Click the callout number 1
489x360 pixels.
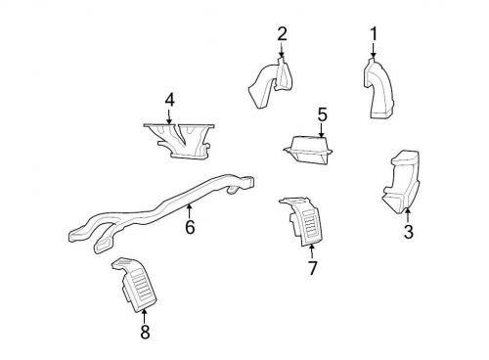point(374,34)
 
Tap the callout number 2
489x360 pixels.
point(282,34)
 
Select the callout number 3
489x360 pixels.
point(409,232)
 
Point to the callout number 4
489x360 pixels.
point(169,101)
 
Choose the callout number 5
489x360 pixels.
point(322,114)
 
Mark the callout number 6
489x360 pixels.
point(190,227)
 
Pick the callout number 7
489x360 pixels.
point(312,268)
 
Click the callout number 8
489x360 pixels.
point(145,332)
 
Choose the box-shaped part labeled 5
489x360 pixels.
point(308,150)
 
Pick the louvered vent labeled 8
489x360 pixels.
point(135,284)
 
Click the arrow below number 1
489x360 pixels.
point(374,51)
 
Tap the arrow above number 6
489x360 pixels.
point(189,211)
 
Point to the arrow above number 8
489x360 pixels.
point(144,317)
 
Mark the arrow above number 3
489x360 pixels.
point(408,216)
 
